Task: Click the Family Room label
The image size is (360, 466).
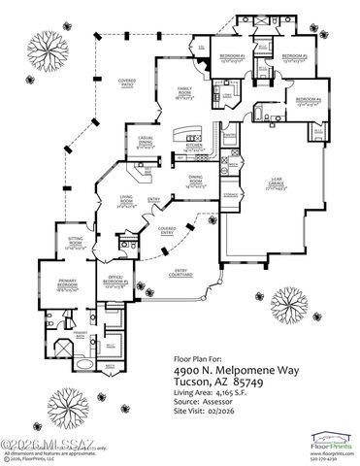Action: point(181,91)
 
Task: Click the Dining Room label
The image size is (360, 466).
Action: point(195,182)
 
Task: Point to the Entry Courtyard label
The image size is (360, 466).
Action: point(182,273)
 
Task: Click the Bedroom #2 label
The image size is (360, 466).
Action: point(293,56)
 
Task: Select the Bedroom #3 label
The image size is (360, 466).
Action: point(229,56)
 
